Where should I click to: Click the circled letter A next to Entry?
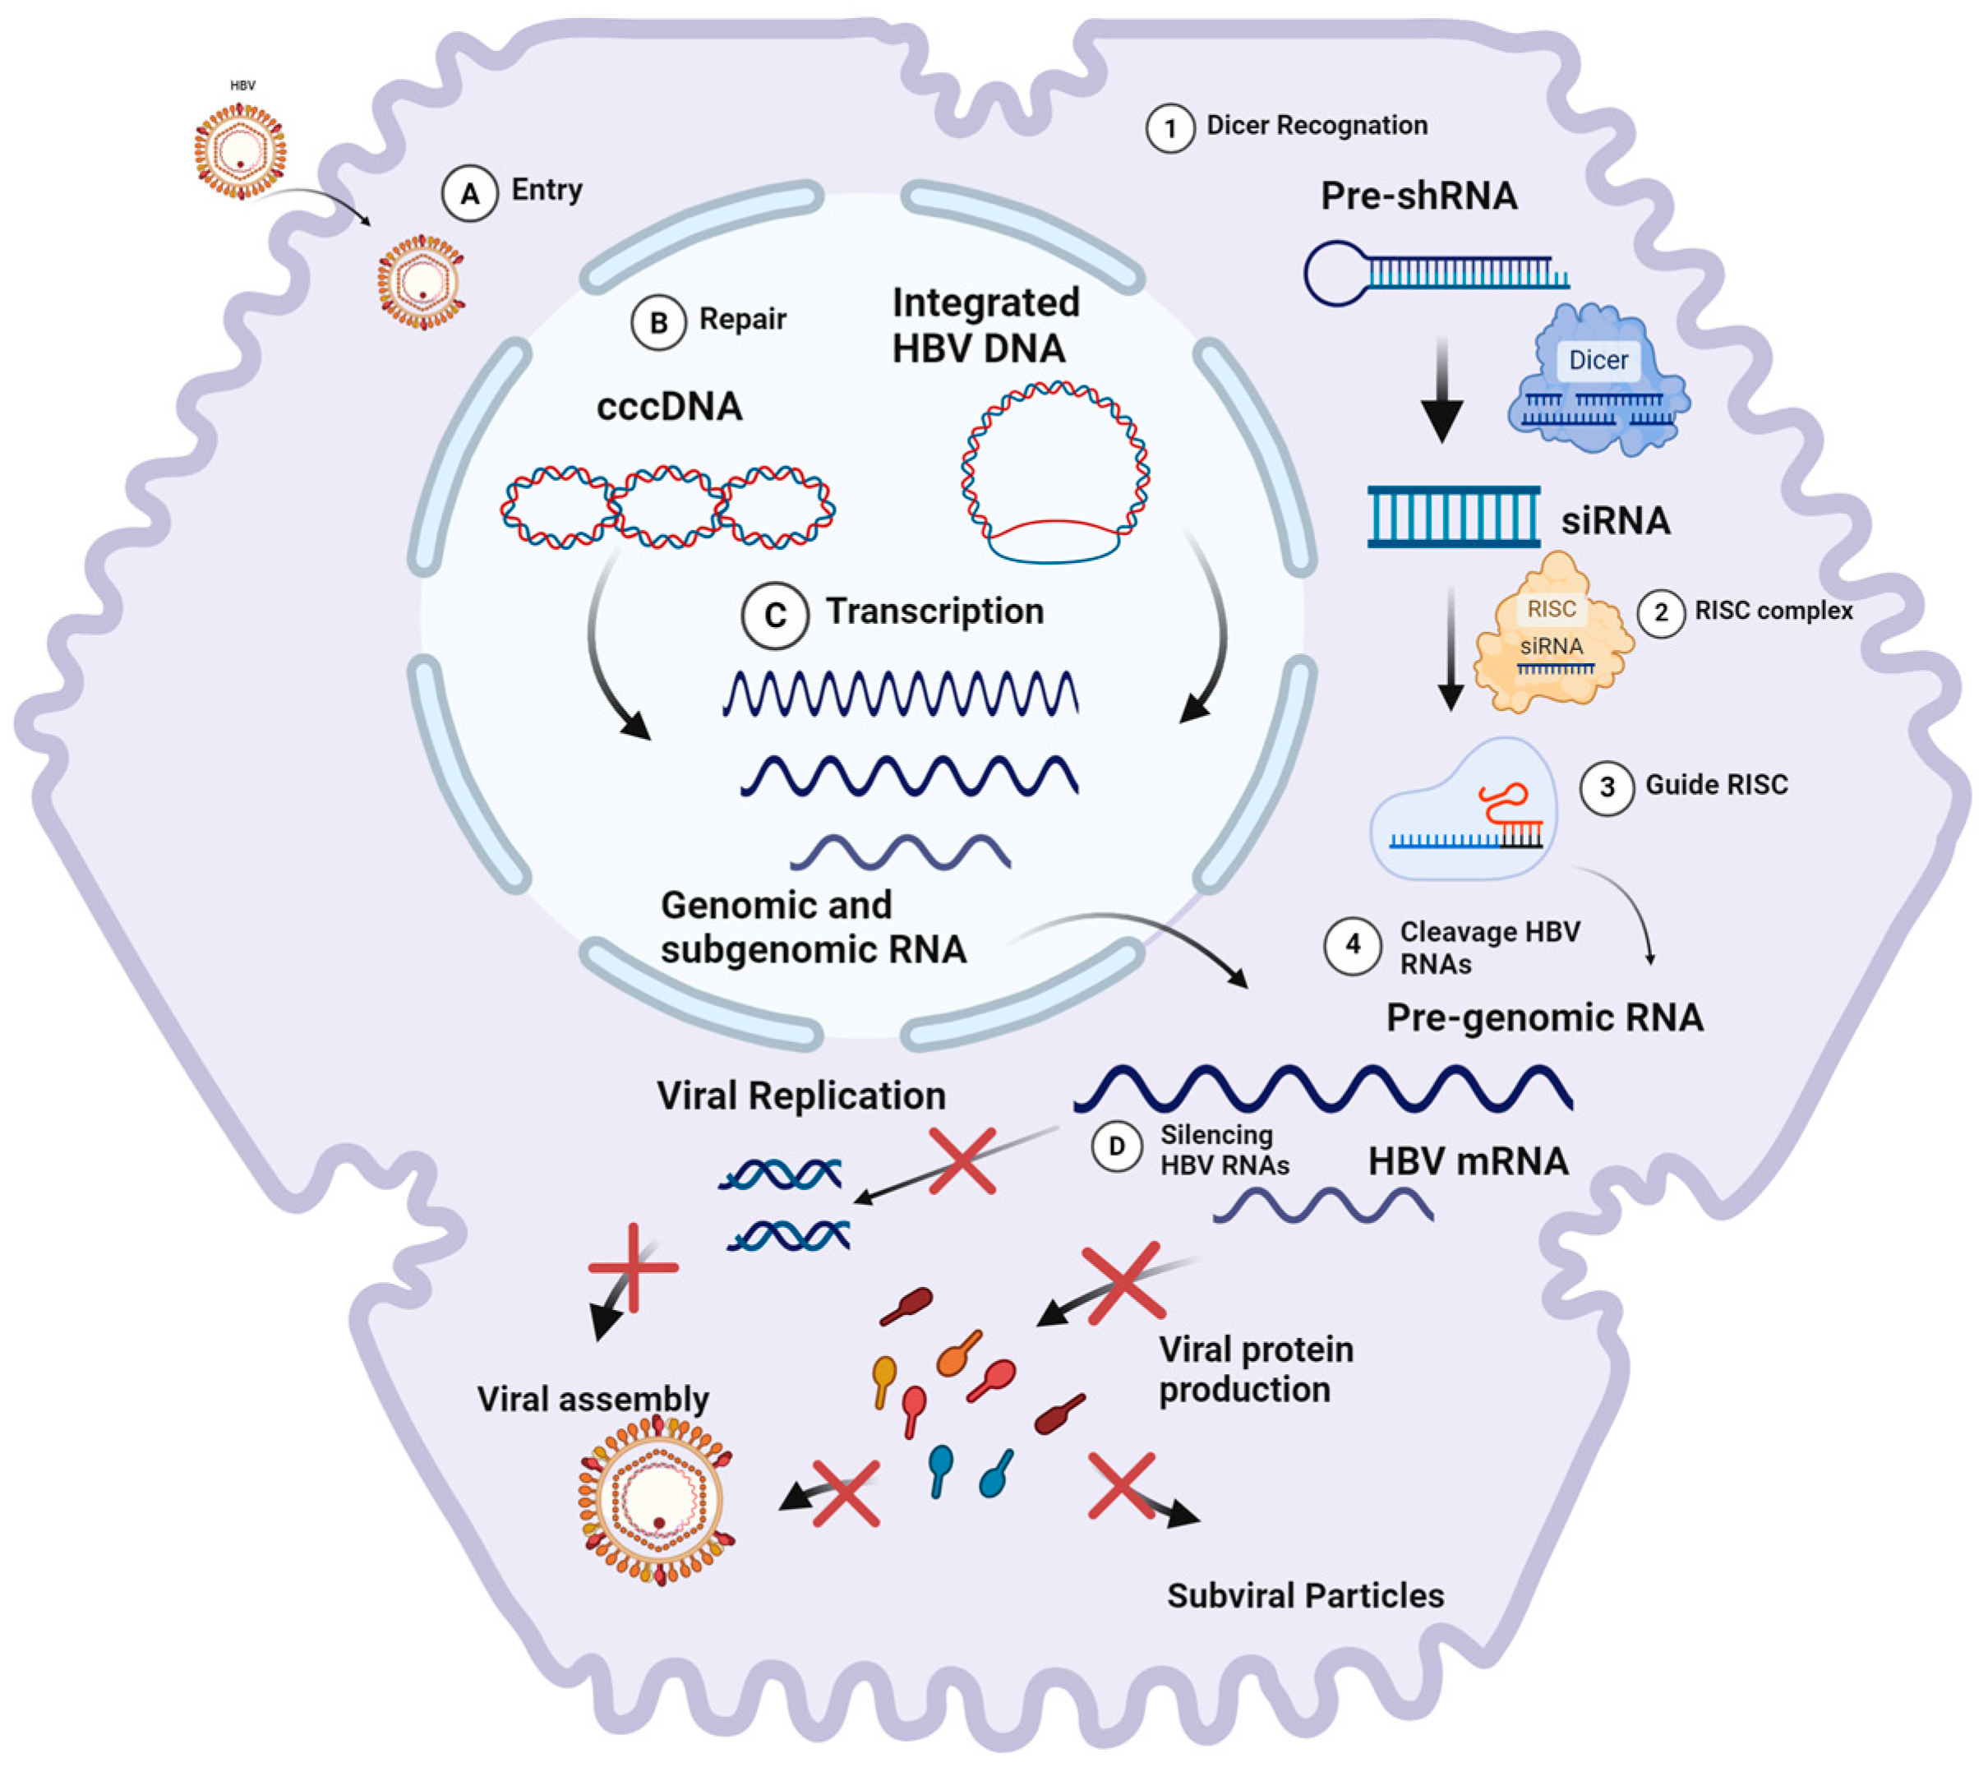[470, 193]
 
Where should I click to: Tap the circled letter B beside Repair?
[658, 322]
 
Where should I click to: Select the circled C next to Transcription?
[774, 615]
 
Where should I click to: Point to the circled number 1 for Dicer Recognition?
[1170, 128]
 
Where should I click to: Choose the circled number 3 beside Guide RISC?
[1606, 787]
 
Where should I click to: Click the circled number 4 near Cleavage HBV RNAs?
[1352, 944]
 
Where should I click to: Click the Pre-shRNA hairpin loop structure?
[1337, 272]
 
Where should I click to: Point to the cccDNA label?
[669, 407]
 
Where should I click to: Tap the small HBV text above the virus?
[242, 85]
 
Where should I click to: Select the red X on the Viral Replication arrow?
[961, 1161]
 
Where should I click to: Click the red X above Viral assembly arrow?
[633, 1267]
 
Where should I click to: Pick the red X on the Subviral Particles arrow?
[1122, 1486]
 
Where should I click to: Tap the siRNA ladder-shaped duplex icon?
[1453, 516]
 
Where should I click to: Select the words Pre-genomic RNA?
[1543, 1017]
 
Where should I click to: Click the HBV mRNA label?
[1468, 1161]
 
